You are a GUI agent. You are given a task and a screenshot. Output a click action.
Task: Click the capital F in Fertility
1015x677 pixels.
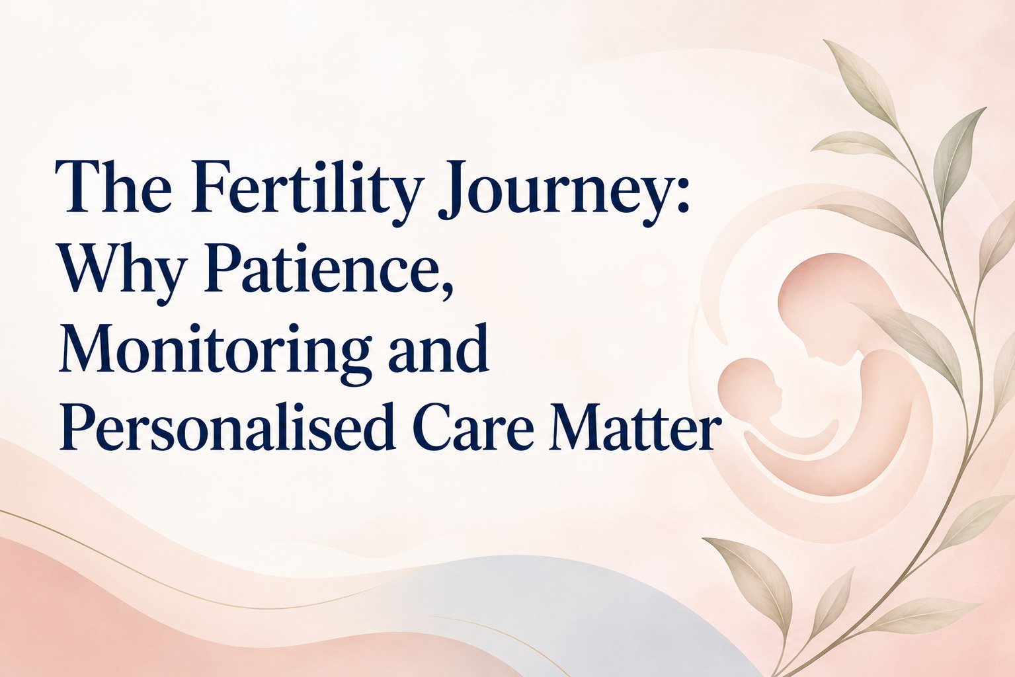(x=213, y=186)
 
